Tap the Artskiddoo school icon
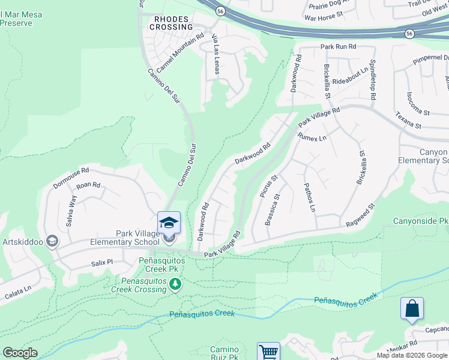coord(52,241)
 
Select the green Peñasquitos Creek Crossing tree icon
coord(175,283)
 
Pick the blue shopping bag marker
coord(412,309)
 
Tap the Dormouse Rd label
coord(71,175)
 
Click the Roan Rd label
coord(88,185)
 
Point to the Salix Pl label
coord(101,262)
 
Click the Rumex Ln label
coord(312,138)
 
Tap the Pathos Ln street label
coord(309,198)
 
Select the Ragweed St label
coord(360,215)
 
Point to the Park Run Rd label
coord(338,46)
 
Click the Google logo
coord(20,353)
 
